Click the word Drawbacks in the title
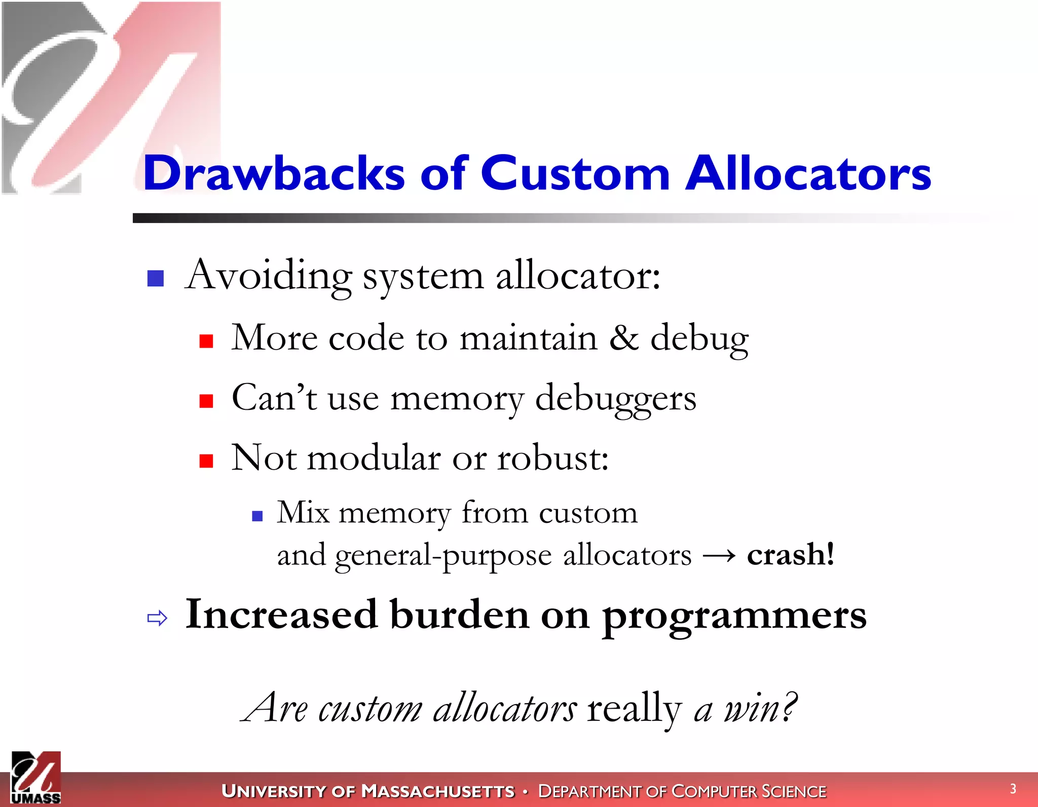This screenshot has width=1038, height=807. [274, 173]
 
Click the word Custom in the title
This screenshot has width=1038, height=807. [575, 173]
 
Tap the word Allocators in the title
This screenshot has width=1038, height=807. [808, 173]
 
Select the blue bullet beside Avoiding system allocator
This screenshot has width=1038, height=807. [156, 278]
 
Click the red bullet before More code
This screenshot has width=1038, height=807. [206, 341]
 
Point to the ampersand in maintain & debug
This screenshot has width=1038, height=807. [624, 338]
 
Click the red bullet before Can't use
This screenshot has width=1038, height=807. [206, 401]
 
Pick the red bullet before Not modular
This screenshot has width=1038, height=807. [206, 461]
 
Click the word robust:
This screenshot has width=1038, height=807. [552, 458]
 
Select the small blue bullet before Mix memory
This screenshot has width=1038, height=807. [257, 516]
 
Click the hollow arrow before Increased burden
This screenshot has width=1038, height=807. [157, 618]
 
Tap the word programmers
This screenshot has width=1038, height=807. [734, 616]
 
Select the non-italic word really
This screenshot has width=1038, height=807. [634, 708]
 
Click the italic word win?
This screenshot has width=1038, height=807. [759, 708]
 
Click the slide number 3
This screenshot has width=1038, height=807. [1013, 789]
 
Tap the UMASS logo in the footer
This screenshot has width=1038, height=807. [36, 778]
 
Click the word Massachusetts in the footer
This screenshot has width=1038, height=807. [438, 791]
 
